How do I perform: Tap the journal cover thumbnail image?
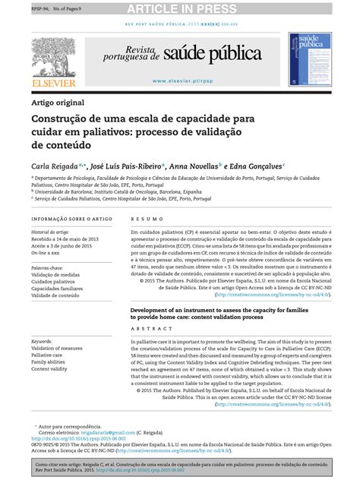coord(309,60)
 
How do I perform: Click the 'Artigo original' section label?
coord(58,103)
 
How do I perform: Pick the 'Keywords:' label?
coord(42,342)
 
